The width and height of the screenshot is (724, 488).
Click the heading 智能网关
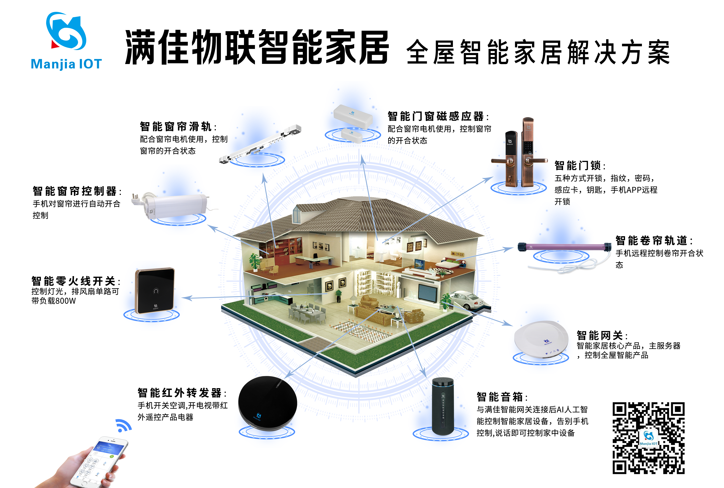[x=599, y=335]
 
